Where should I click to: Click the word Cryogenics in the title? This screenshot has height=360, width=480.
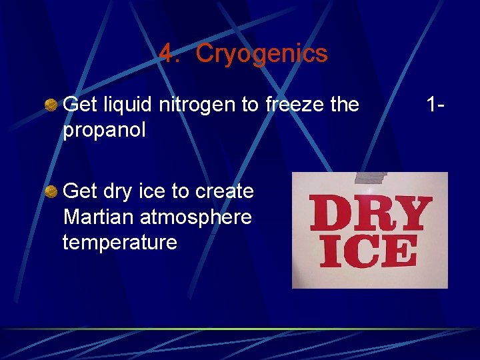point(261,54)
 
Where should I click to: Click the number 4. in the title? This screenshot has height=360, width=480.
point(170,54)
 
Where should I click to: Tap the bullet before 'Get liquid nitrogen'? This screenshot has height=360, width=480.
point(51,105)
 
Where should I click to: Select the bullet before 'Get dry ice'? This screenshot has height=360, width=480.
point(51,192)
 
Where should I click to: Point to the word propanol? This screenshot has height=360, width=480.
point(104,130)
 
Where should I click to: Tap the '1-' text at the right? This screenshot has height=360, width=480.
point(436,105)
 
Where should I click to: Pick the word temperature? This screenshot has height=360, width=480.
point(120,242)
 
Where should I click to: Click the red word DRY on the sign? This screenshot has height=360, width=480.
point(368,213)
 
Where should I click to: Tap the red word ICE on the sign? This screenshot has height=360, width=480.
point(369,253)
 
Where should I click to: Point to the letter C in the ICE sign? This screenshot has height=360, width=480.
point(367,253)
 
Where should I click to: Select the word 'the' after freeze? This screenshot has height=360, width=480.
point(345,105)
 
